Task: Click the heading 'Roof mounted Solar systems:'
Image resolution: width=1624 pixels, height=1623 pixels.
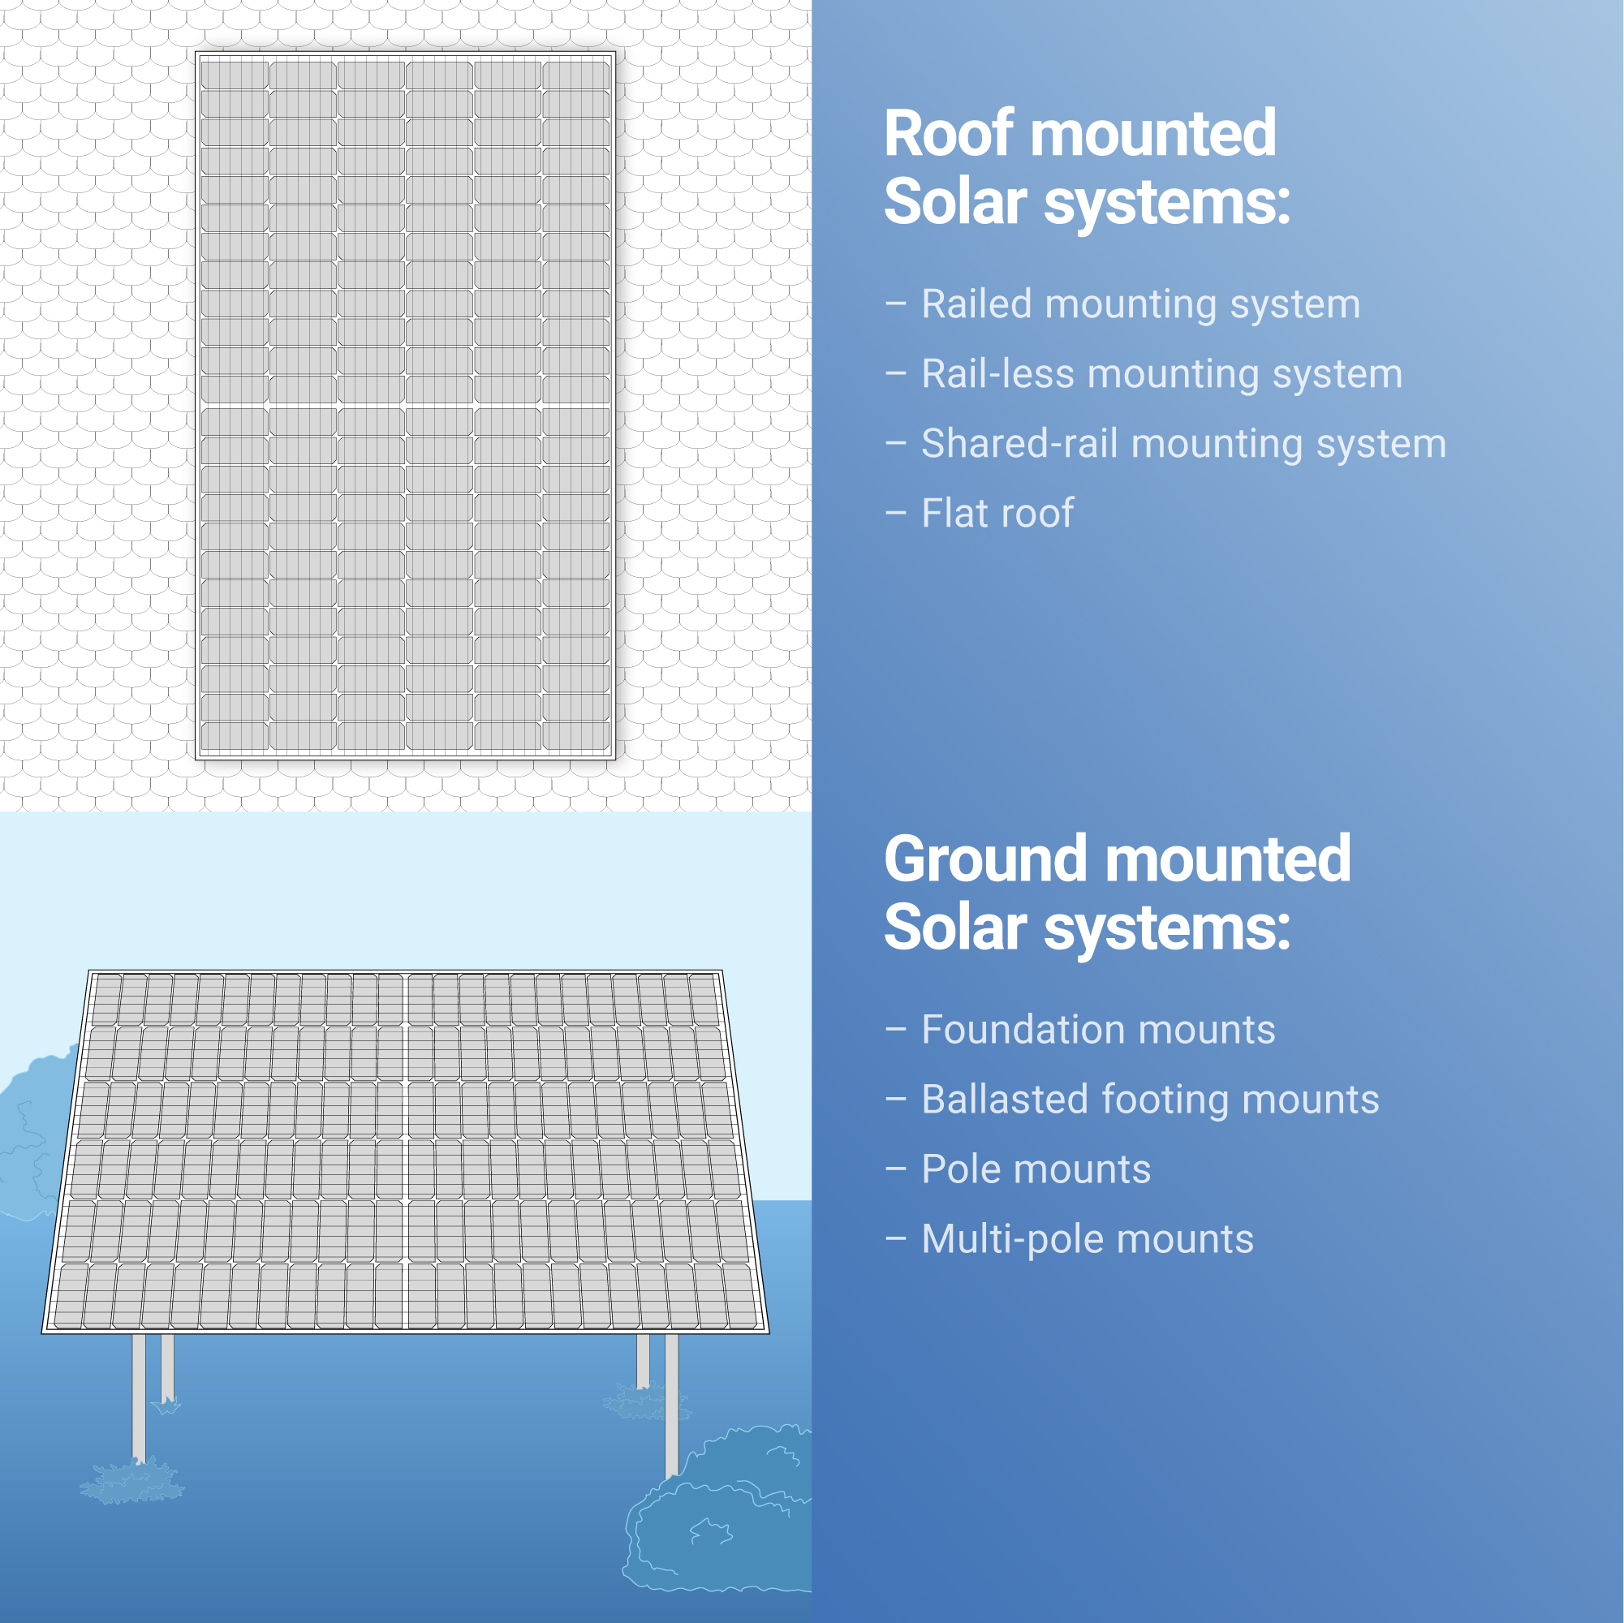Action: (x=1087, y=167)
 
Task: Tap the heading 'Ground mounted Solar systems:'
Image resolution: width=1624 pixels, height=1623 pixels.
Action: (x=1117, y=893)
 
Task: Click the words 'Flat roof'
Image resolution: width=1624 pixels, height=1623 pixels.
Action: (x=997, y=513)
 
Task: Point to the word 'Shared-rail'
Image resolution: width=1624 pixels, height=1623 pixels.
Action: (x=1019, y=443)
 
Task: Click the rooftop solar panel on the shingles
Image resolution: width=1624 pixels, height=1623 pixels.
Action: (x=405, y=405)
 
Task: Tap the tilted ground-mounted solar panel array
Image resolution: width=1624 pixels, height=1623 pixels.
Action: (x=405, y=1152)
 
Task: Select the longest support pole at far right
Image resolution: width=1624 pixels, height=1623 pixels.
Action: (x=672, y=1406)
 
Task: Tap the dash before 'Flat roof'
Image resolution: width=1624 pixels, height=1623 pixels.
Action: (x=895, y=512)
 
